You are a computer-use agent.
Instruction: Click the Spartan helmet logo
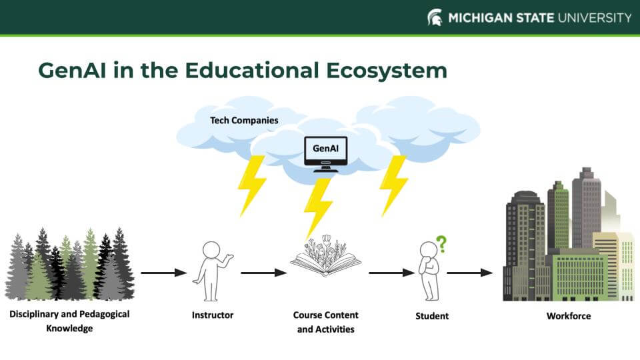435,17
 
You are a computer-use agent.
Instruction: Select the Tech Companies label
244,121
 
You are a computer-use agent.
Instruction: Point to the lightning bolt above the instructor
251,185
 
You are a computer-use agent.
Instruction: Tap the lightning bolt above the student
393,185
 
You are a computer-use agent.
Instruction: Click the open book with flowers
325,257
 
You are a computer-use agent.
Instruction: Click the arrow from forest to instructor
164,272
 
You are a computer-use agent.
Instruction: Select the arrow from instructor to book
264,272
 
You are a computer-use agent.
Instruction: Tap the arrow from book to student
392,272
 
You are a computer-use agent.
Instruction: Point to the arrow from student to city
470,272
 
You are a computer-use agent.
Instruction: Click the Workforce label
569,315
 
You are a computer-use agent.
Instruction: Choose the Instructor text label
213,315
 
